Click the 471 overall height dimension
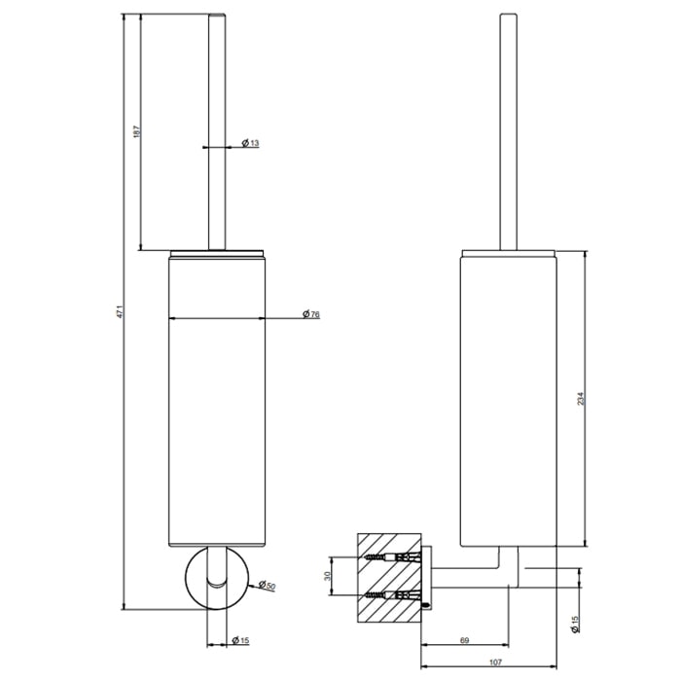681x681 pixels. pyautogui.click(x=121, y=312)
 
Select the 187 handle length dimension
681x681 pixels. pyautogui.click(x=137, y=131)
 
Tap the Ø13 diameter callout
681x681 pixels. pyautogui.click(x=250, y=142)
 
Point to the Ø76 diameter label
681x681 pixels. pyautogui.click(x=311, y=313)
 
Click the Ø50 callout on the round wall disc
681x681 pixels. pyautogui.click(x=268, y=585)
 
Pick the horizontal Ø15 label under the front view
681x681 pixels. pyautogui.click(x=240, y=640)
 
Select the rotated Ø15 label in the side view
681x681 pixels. pyautogui.click(x=576, y=625)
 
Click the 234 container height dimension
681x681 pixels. pyautogui.click(x=581, y=399)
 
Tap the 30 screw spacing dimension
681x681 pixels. pyautogui.click(x=328, y=576)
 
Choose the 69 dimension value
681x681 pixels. pyautogui.click(x=464, y=640)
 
